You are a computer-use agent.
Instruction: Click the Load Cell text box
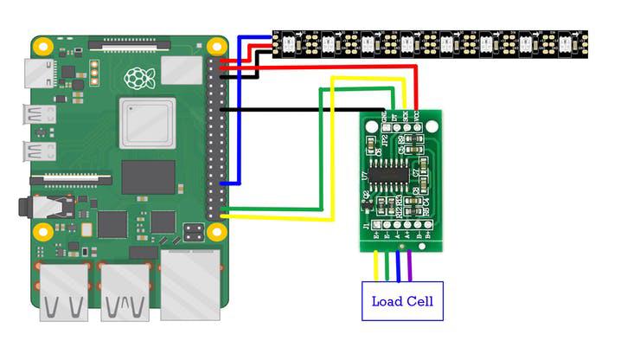click(x=402, y=301)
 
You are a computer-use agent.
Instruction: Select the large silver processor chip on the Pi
click(x=148, y=123)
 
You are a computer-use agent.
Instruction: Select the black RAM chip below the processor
click(x=148, y=177)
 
